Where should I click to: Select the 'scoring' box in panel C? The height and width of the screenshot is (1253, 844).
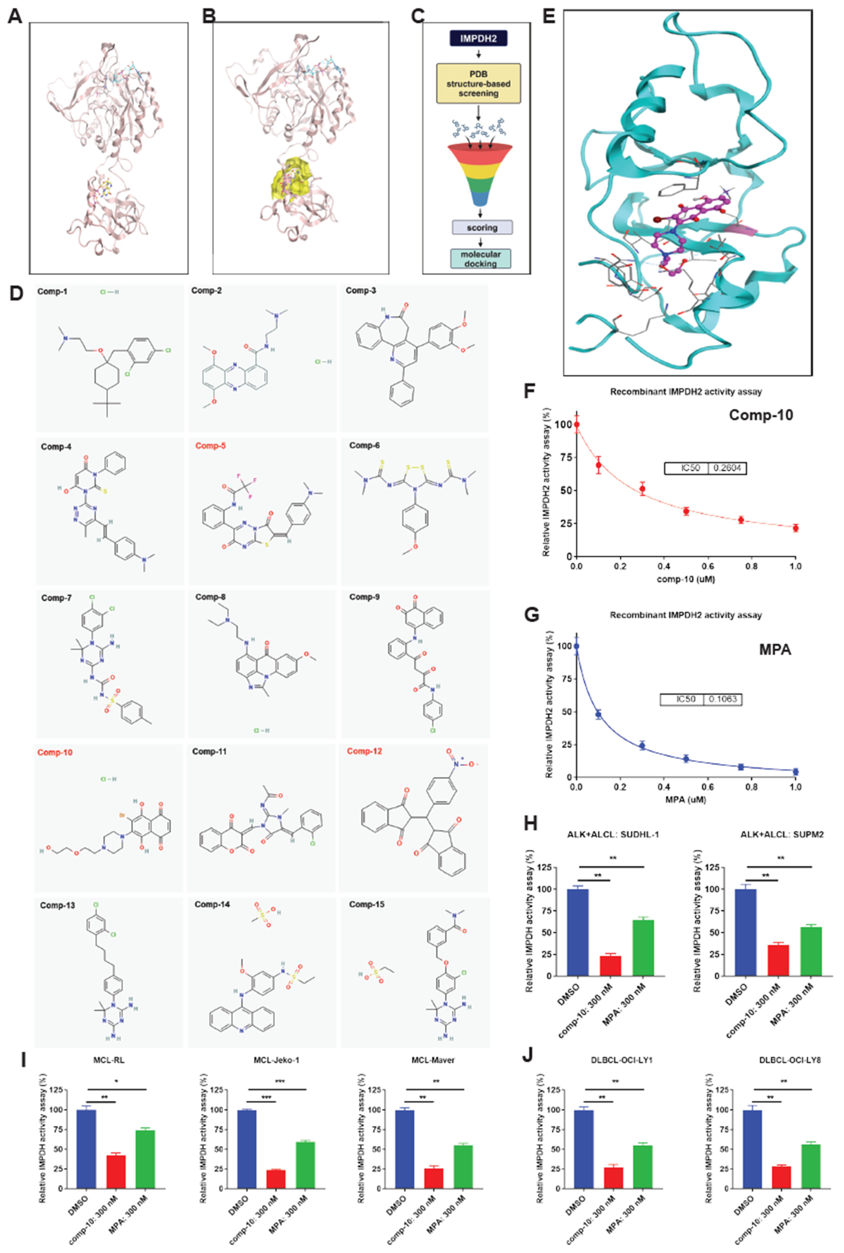(482, 228)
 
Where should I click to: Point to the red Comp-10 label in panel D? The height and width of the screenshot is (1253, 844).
(55, 752)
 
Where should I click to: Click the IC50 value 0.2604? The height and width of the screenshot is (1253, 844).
(727, 468)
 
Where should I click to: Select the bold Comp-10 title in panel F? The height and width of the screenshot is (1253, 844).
(761, 415)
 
